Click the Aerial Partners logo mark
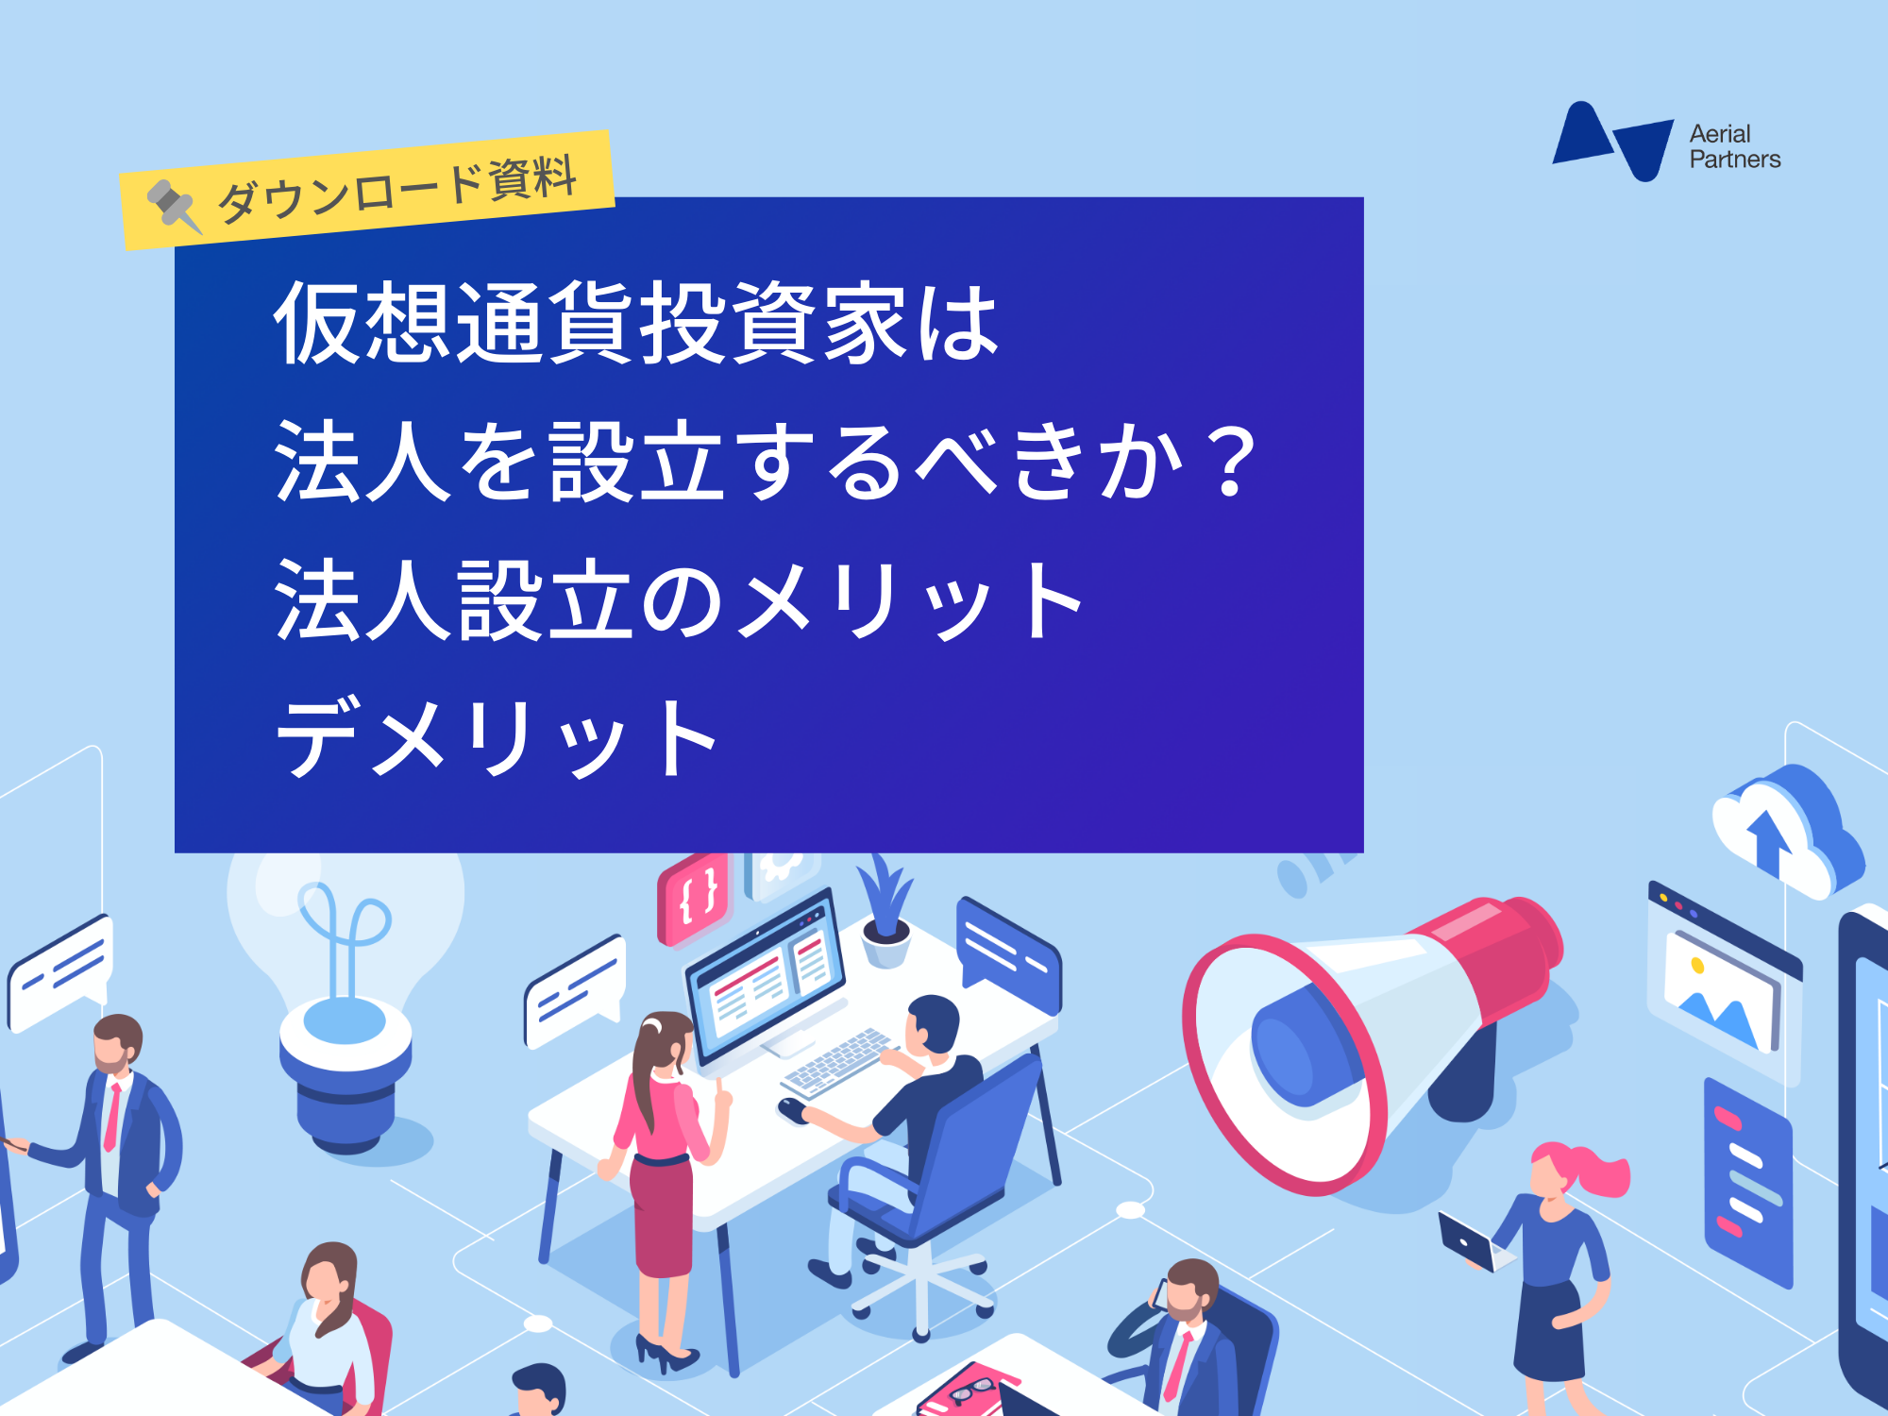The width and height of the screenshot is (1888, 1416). pos(1612,141)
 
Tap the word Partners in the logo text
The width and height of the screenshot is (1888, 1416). pos(1735,160)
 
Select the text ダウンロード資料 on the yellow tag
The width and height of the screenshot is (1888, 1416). pos(397,189)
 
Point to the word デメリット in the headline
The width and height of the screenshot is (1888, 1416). pos(497,737)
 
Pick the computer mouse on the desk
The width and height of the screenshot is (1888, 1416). pos(792,1106)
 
